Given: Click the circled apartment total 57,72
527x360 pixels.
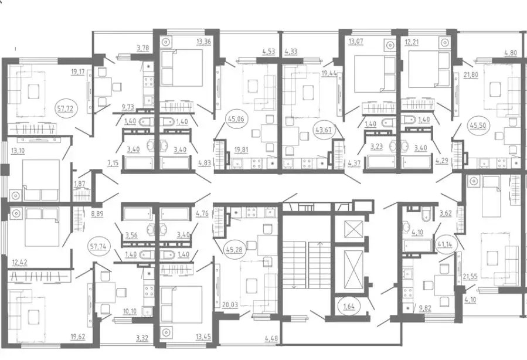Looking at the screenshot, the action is tap(66, 108).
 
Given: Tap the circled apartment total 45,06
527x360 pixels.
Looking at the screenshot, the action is tap(236, 118).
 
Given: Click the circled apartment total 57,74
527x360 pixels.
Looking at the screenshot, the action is tap(98, 246).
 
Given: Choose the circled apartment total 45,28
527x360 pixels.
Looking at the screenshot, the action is tap(235, 250).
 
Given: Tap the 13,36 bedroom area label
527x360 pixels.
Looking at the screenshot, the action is tap(203, 42).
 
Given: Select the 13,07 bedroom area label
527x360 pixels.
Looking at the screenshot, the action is tap(356, 42).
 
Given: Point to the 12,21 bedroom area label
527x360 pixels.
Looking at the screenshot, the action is tap(413, 43).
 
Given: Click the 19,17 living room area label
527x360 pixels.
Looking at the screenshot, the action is tap(77, 72).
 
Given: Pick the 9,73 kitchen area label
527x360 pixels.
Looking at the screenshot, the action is tap(128, 107).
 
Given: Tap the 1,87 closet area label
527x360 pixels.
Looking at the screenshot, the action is tap(79, 184).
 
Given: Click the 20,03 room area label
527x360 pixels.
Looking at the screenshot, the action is tap(230, 305).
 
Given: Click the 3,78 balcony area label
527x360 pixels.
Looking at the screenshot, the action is tap(142, 48).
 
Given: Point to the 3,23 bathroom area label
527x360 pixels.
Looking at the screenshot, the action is tap(376, 147).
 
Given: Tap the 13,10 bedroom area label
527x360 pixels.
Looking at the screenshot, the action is tap(18, 151).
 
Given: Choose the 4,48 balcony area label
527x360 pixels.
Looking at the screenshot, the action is tap(271, 338).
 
